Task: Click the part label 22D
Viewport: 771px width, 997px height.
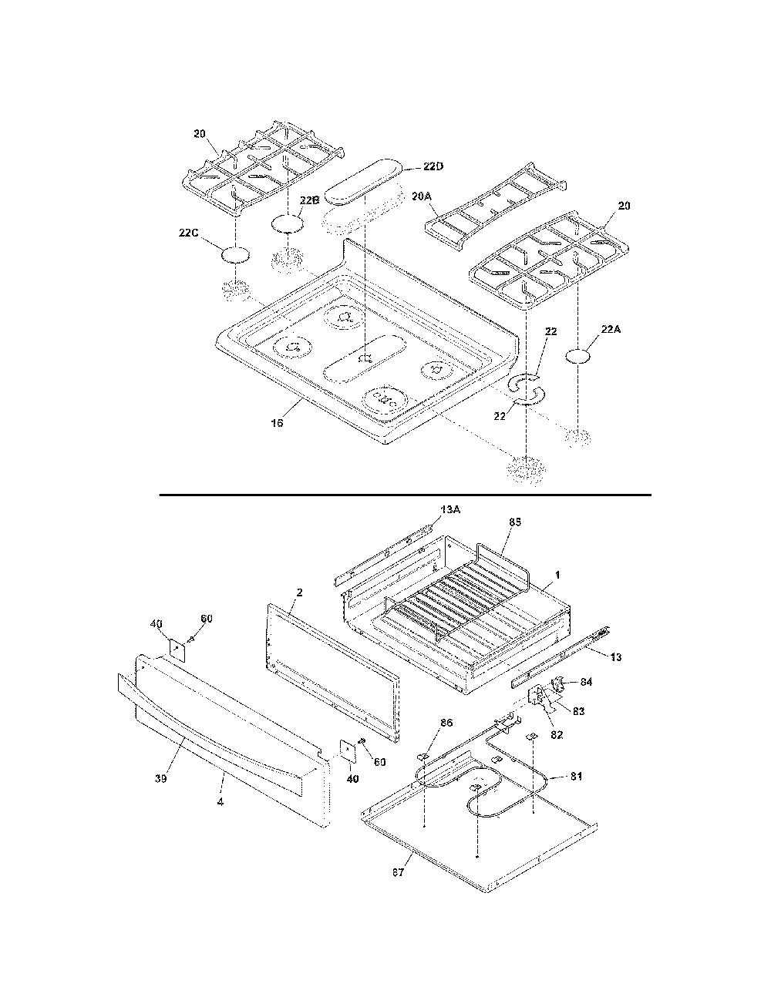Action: pos(433,166)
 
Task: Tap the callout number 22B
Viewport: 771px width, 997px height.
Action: pos(310,200)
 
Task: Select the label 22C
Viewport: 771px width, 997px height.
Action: pos(189,233)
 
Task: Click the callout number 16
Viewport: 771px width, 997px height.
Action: pos(277,422)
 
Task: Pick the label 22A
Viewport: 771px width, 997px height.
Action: pos(611,329)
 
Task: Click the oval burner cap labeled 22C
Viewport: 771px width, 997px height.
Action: pos(236,255)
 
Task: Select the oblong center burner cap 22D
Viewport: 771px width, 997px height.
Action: pos(362,180)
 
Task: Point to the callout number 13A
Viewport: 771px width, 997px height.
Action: pos(451,510)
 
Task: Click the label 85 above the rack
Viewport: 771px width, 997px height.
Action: pos(515,522)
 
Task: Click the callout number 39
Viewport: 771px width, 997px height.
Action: pos(160,779)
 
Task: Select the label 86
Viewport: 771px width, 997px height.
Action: pos(446,723)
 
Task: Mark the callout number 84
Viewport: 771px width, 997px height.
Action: pos(586,682)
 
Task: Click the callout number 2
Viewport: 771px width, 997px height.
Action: pos(299,592)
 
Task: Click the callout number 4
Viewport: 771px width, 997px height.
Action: pos(221,802)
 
